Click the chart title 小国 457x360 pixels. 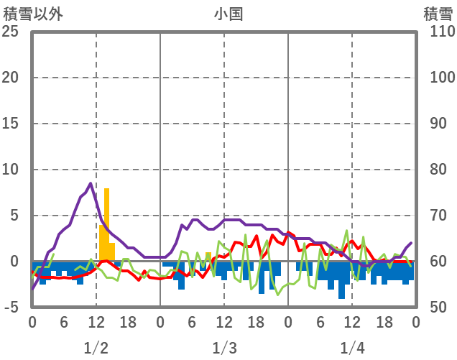coord(228,13)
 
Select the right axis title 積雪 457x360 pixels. coord(437,13)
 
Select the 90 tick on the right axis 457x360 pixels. coord(438,124)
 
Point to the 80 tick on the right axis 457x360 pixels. coord(438,170)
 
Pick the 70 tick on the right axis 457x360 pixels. coord(438,216)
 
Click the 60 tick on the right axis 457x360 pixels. coord(438,262)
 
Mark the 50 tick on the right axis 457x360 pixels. coord(438,308)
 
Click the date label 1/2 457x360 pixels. coord(96,349)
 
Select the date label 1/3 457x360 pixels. coord(224,349)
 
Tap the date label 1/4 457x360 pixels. coord(352,349)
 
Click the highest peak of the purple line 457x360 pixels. coord(91,183)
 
